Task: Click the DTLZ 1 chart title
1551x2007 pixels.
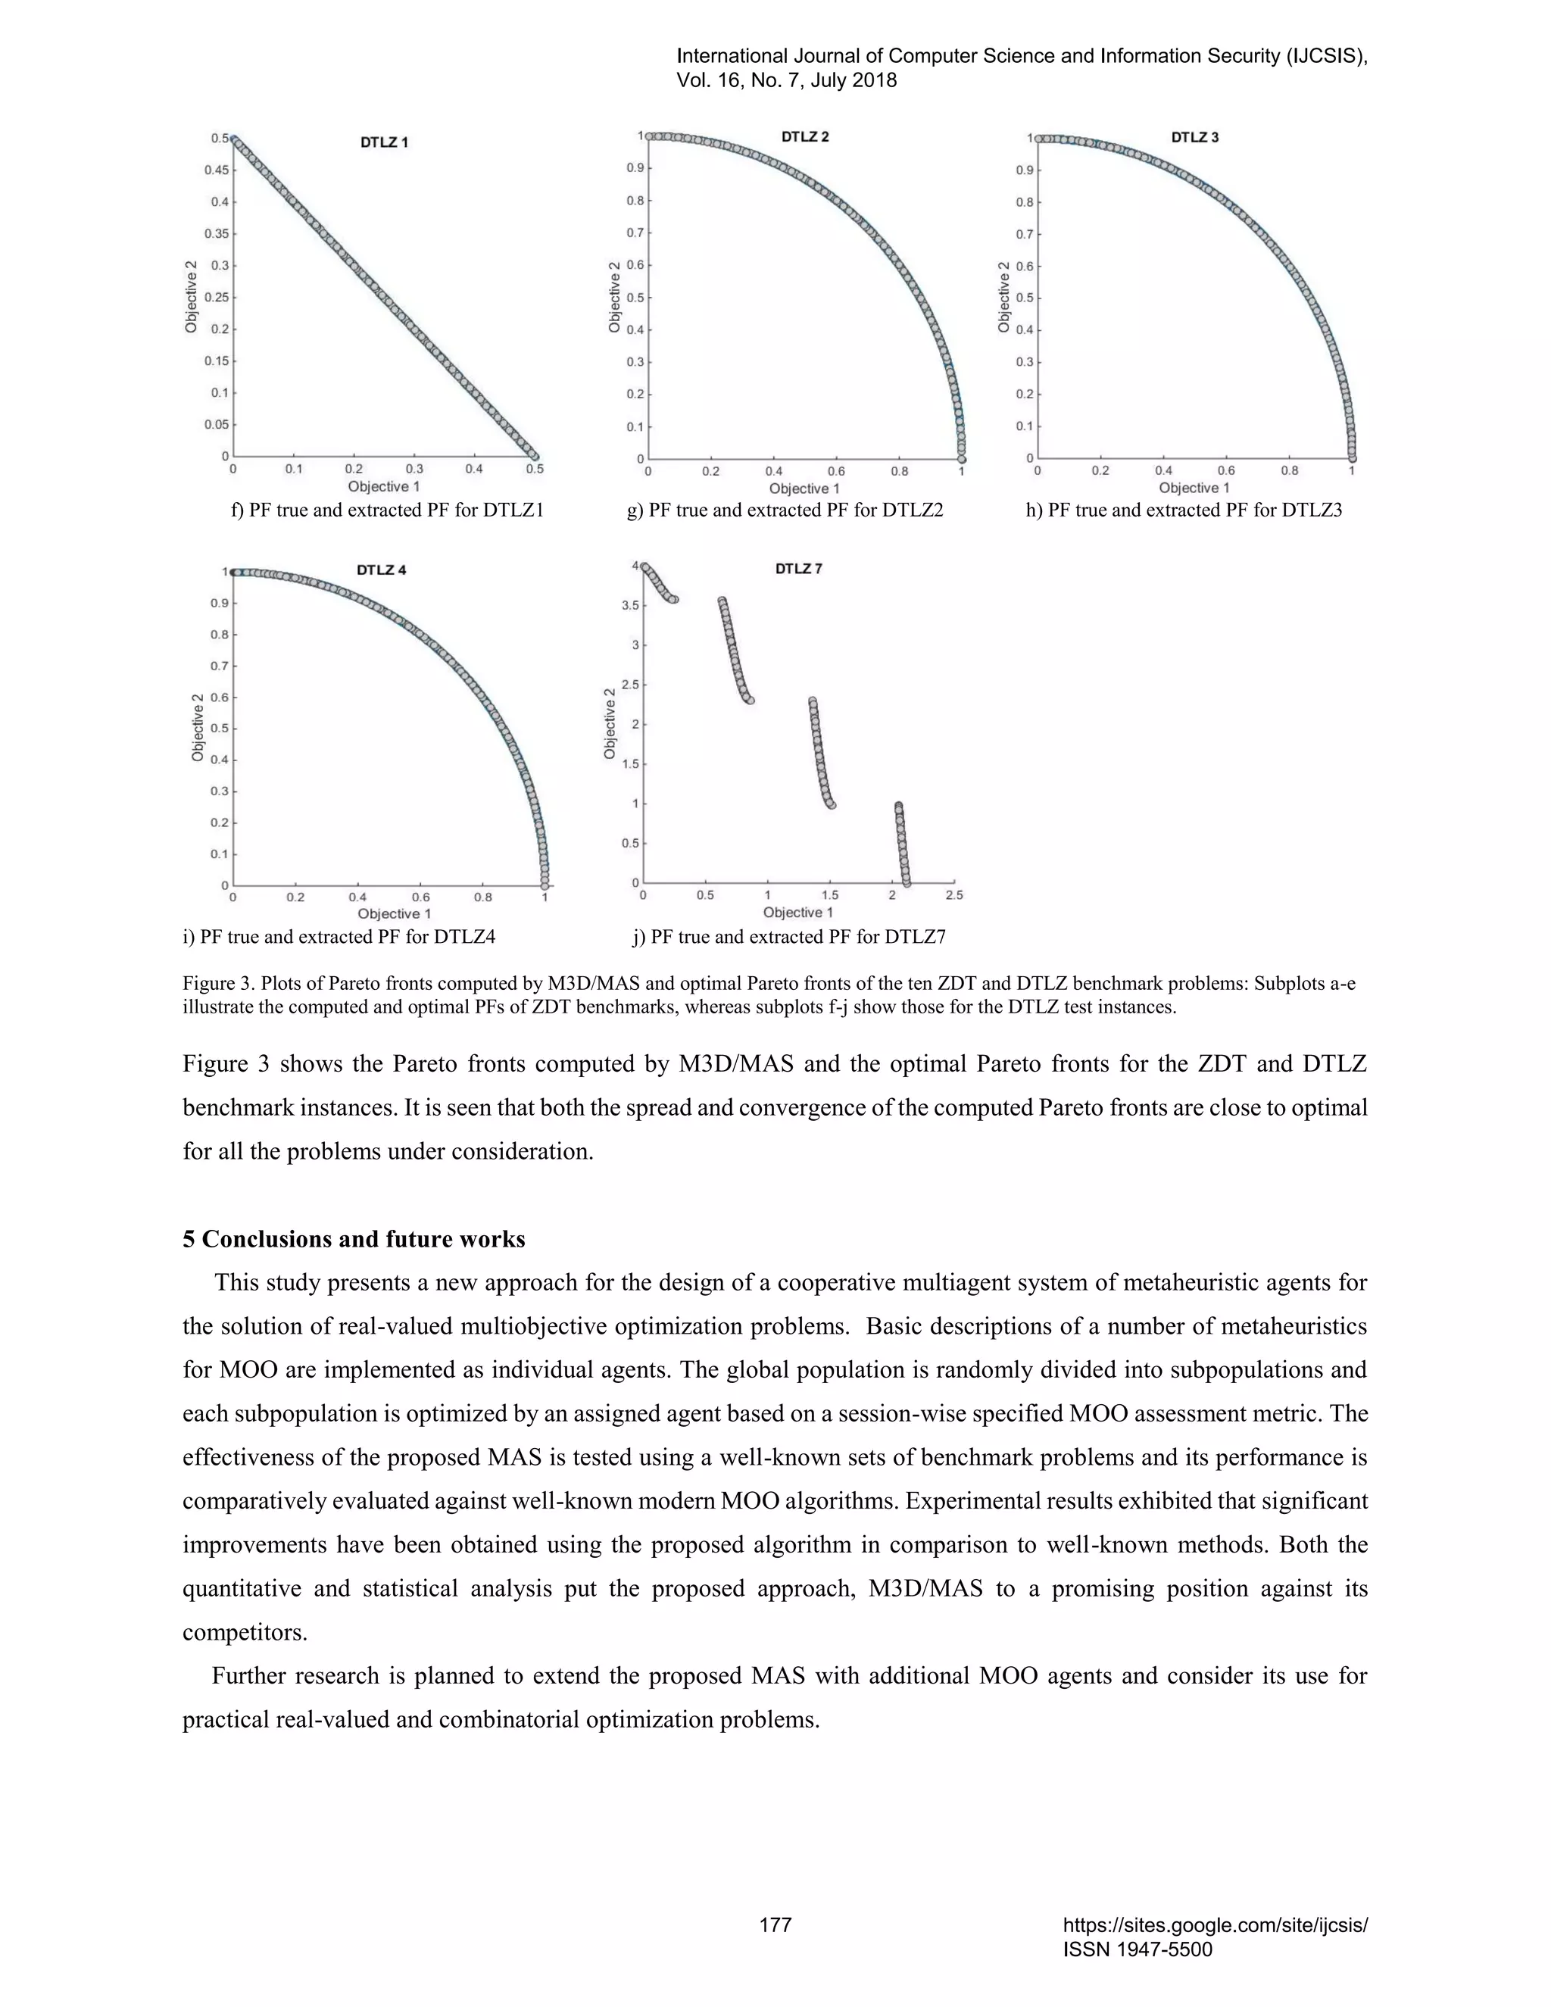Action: pyautogui.click(x=384, y=142)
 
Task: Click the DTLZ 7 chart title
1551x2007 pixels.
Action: pyautogui.click(x=798, y=569)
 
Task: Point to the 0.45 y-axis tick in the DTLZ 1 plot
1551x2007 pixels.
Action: pyautogui.click(x=218, y=170)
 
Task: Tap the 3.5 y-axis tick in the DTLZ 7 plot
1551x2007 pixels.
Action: pyautogui.click(x=629, y=606)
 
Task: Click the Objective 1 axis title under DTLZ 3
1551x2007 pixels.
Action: pyautogui.click(x=1194, y=488)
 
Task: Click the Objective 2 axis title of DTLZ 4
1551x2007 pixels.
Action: pyautogui.click(x=198, y=728)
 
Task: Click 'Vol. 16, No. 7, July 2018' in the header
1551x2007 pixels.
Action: pyautogui.click(x=787, y=80)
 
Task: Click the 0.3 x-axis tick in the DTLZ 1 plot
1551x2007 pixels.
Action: pyautogui.click(x=414, y=469)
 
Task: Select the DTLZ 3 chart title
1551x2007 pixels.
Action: pyautogui.click(x=1194, y=138)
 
